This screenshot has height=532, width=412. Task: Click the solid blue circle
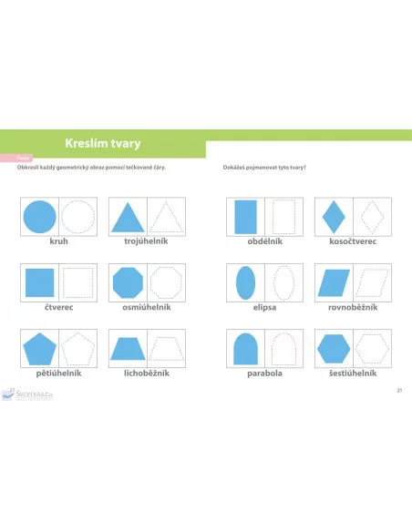click(39, 218)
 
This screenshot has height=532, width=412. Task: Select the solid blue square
click(39, 282)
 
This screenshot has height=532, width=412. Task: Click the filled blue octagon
click(128, 282)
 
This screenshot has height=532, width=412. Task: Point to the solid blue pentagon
click(39, 348)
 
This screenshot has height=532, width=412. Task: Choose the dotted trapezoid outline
click(166, 349)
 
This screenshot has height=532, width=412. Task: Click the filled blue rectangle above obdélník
click(245, 218)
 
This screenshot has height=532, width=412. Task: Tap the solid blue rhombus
click(333, 218)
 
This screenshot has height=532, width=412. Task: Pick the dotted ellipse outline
click(283, 282)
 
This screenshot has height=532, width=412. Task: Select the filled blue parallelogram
click(333, 282)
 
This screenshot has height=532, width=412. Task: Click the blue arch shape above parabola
click(245, 349)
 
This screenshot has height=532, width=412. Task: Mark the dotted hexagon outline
click(371, 348)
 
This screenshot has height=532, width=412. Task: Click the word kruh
click(58, 243)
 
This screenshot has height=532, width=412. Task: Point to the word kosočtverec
click(352, 243)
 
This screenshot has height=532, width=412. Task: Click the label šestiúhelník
click(352, 373)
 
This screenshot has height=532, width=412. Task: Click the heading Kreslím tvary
click(103, 143)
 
